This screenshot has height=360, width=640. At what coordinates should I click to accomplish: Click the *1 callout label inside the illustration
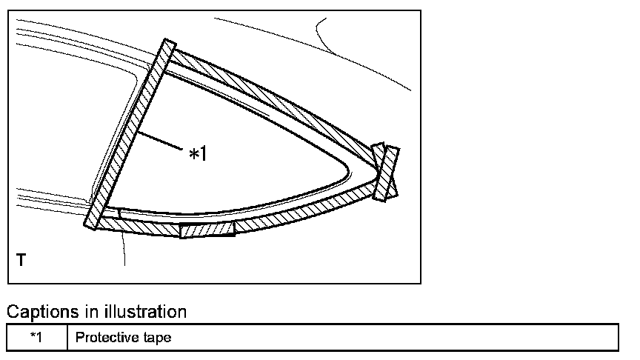(x=198, y=154)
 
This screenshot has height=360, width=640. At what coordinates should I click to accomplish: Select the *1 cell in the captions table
(x=37, y=338)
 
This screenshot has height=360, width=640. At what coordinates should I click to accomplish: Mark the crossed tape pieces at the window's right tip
(x=386, y=172)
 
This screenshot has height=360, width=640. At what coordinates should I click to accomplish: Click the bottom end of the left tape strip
(x=93, y=221)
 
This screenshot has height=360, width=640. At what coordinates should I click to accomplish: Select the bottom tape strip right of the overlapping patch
(x=304, y=210)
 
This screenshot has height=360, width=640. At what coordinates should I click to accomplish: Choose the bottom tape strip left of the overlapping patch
(x=141, y=225)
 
